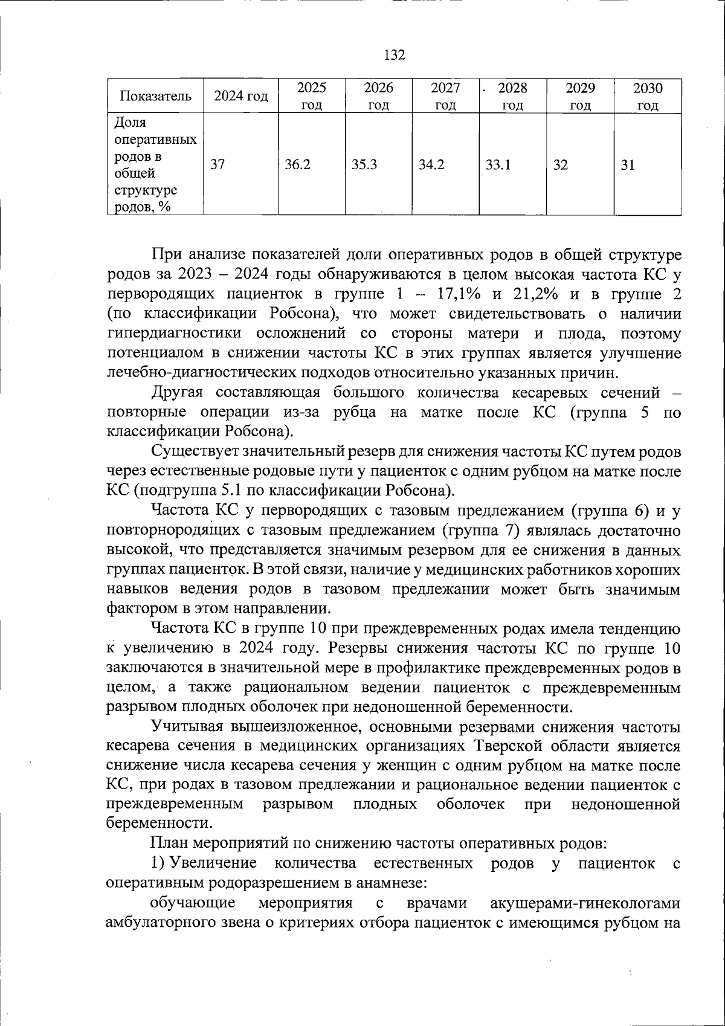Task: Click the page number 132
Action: click(x=395, y=55)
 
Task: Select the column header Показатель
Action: click(x=156, y=96)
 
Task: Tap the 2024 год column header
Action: click(x=241, y=96)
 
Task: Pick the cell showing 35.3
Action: click(x=364, y=164)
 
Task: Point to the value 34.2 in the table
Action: click(x=431, y=164)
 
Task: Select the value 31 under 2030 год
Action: click(x=628, y=164)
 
